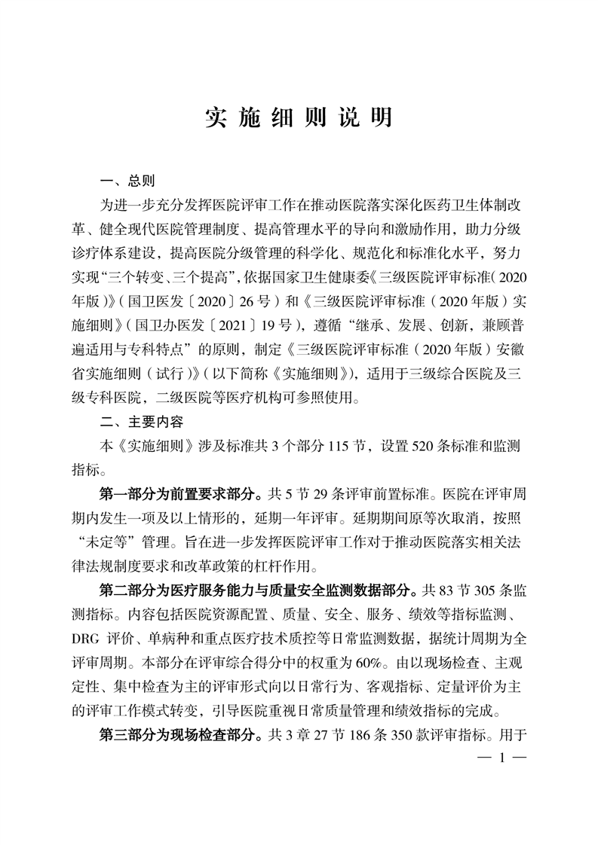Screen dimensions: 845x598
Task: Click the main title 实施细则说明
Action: [x=299, y=118]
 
